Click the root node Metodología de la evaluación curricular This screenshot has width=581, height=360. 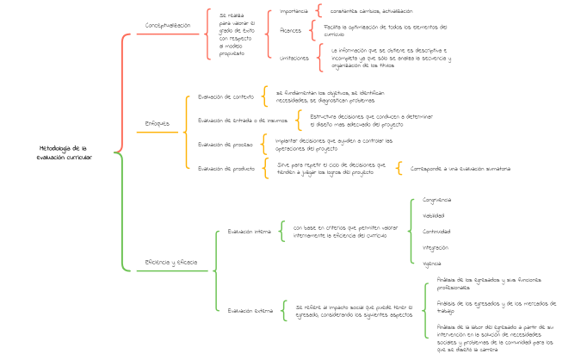click(x=65, y=152)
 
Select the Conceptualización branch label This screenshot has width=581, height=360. click(x=168, y=26)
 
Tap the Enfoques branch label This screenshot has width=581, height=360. click(x=157, y=123)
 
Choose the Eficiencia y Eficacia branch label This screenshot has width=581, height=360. click(x=170, y=262)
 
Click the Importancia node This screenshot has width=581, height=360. click(x=294, y=11)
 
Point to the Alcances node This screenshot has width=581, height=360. click(x=291, y=30)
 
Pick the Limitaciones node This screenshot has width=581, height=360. click(x=294, y=58)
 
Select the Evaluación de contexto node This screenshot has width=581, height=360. click(x=226, y=96)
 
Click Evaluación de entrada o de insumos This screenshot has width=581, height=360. click(x=243, y=120)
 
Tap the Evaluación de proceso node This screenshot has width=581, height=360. click(x=225, y=143)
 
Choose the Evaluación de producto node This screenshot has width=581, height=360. click(x=226, y=169)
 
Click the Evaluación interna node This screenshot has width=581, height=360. click(x=249, y=231)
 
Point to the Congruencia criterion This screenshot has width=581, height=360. click(x=436, y=200)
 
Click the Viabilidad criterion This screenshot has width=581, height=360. click(x=433, y=215)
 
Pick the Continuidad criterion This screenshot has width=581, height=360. click(x=436, y=231)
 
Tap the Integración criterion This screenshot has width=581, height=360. click(x=435, y=247)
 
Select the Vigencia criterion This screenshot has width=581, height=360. click(x=432, y=263)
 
